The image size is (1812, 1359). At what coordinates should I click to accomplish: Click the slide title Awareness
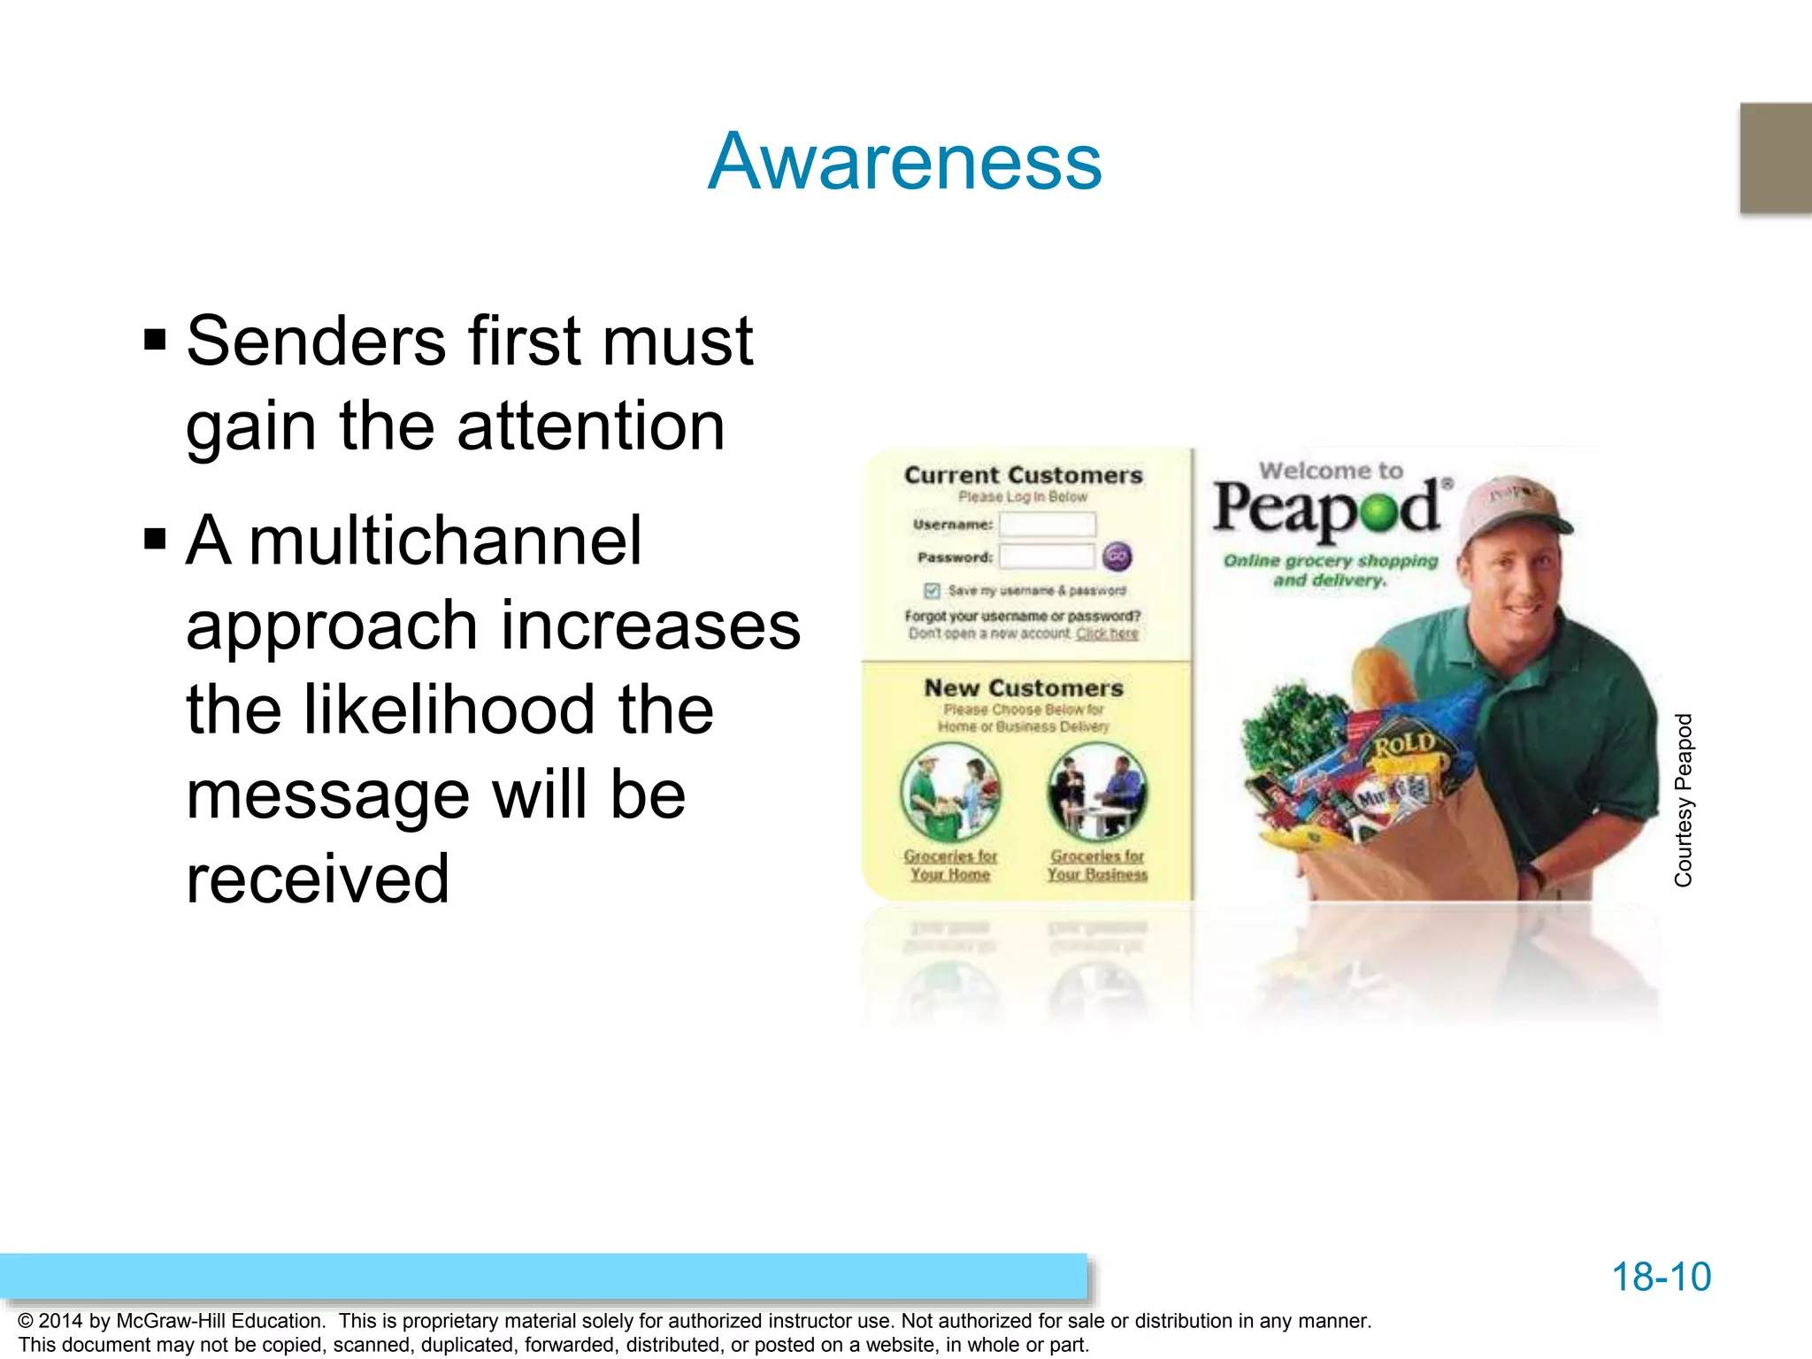[x=904, y=162]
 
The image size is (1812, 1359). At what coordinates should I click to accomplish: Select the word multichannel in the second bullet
[x=445, y=541]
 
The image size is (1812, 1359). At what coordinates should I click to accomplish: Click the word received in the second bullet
[x=318, y=879]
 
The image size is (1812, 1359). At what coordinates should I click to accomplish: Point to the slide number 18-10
[x=1661, y=1277]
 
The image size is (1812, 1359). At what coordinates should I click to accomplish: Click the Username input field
[x=1047, y=525]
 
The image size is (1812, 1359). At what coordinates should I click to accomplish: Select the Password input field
[x=1047, y=557]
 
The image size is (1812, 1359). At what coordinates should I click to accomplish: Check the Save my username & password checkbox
[x=932, y=590]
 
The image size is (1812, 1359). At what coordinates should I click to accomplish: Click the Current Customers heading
[x=1023, y=475]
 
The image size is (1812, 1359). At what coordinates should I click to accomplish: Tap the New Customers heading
[x=1023, y=688]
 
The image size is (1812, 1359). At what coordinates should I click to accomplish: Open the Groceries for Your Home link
[x=950, y=865]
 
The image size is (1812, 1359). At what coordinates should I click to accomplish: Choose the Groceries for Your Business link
[x=1097, y=865]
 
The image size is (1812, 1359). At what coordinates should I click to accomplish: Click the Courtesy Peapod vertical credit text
[x=1683, y=800]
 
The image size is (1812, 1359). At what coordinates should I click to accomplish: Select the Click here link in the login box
[x=1107, y=633]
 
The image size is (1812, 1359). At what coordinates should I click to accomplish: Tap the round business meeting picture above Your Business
[x=1097, y=791]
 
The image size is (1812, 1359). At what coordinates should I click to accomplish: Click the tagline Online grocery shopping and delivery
[x=1330, y=570]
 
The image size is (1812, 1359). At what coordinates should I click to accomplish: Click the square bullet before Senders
[x=155, y=340]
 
